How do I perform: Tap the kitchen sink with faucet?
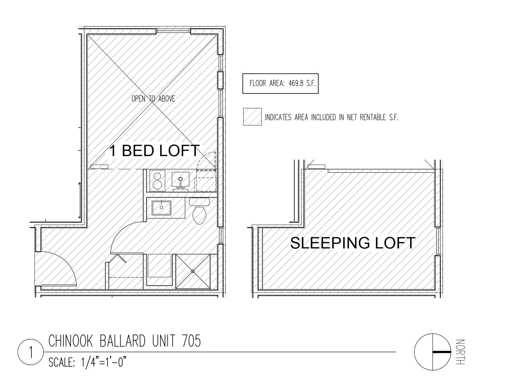tap(180, 179)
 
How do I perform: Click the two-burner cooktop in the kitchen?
tap(157, 180)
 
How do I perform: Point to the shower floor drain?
tap(193, 271)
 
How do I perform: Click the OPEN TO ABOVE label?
tap(153, 99)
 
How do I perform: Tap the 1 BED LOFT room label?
tap(154, 151)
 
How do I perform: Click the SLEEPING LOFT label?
tap(352, 243)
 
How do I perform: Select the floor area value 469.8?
tap(296, 84)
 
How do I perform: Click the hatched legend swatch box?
tap(252, 117)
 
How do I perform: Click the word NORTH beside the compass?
tap(460, 352)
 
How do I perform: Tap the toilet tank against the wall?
tap(199, 202)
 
